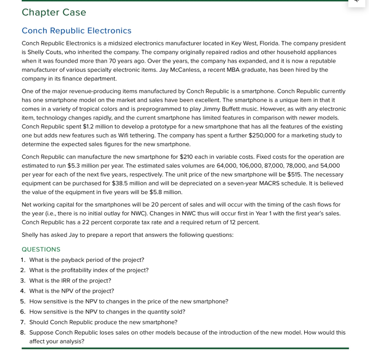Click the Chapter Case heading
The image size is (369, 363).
point(54,12)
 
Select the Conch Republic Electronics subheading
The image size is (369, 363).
point(76,31)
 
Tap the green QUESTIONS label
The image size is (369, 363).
point(41,249)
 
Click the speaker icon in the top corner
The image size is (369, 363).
point(357,1)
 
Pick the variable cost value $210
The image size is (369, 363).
point(186,157)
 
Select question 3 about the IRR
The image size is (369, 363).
point(70,281)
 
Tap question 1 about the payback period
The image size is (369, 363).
point(86,260)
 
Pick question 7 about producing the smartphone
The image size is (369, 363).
point(103,322)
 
